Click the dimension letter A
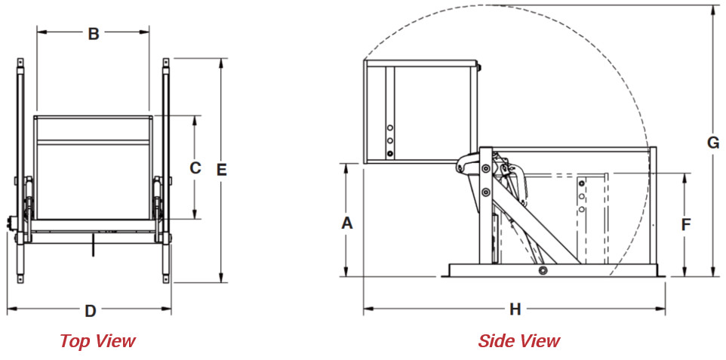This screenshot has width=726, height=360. click(347, 223)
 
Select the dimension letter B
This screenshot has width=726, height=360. click(93, 33)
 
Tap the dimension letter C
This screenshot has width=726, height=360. click(195, 168)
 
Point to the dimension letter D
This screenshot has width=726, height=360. click(90, 310)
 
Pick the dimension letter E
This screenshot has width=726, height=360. click(221, 170)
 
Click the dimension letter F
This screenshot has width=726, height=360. click(685, 224)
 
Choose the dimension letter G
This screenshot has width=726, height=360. click(713, 142)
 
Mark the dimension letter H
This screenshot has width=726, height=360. click(515, 309)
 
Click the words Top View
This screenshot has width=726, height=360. click(97, 341)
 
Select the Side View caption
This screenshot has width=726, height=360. click(518, 341)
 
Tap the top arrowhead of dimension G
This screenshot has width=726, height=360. click(713, 8)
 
